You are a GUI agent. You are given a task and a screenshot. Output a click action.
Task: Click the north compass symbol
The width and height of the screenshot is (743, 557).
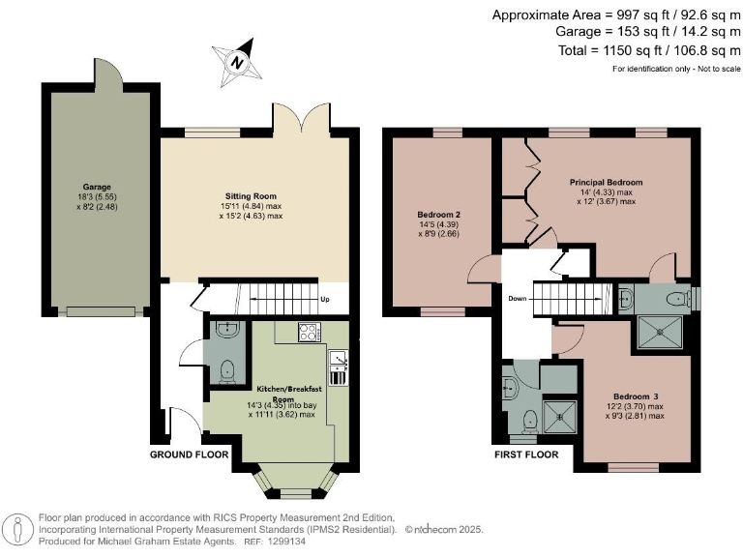237,60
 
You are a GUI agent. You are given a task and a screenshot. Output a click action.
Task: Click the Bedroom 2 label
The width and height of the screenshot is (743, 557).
437,214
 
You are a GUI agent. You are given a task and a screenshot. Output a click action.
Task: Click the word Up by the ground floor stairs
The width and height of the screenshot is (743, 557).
325,300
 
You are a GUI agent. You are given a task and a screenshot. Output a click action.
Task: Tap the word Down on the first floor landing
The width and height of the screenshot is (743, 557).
517,299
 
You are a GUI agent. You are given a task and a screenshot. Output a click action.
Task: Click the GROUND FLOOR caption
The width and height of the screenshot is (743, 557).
190,454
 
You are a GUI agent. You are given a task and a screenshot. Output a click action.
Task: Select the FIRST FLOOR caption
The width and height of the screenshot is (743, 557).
526,454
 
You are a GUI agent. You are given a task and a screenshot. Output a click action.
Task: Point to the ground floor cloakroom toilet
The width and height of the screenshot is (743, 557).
226,370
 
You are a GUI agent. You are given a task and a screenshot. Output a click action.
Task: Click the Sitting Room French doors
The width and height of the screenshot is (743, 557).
302,121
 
